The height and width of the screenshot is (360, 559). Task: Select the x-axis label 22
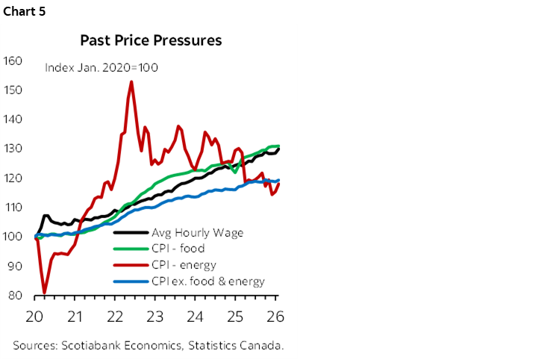click(114, 315)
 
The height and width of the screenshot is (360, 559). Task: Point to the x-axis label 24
click(196, 315)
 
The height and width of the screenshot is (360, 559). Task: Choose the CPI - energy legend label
click(184, 265)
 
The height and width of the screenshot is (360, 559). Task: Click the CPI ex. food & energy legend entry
click(207, 282)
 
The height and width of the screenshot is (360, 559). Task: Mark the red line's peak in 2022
click(131, 81)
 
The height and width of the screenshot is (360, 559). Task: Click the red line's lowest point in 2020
click(45, 293)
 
